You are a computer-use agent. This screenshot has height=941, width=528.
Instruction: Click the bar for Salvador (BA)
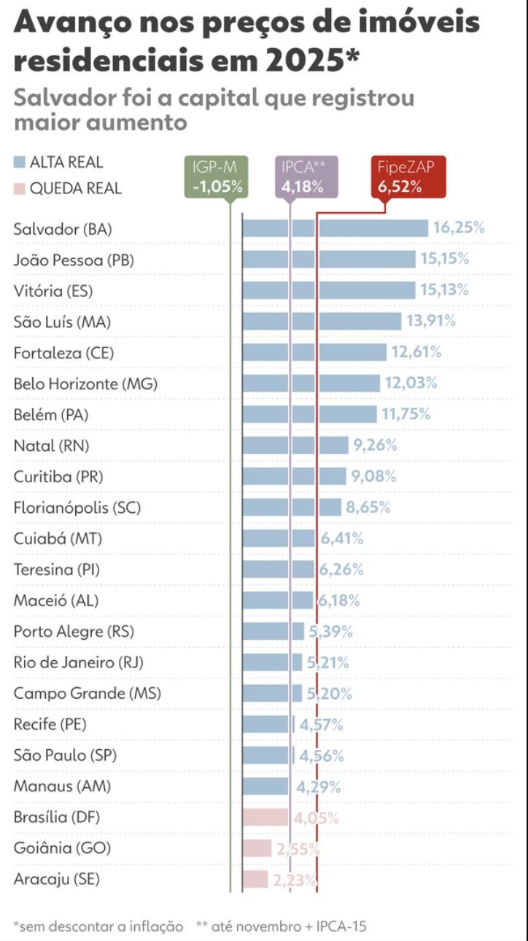(335, 228)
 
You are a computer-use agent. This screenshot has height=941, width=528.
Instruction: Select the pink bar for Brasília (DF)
(265, 817)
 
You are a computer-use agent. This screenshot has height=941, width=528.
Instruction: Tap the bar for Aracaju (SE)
(255, 879)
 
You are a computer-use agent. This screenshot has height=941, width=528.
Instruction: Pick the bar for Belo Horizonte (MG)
(311, 383)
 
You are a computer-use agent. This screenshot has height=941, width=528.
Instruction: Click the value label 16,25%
(459, 228)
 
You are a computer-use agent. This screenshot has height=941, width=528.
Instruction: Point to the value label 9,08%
(374, 476)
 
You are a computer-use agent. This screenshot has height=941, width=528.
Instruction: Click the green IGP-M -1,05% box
(217, 177)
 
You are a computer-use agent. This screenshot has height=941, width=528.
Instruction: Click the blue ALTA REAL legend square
(20, 162)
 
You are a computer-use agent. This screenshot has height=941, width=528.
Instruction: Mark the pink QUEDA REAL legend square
(20, 189)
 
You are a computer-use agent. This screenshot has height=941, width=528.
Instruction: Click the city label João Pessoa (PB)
(74, 260)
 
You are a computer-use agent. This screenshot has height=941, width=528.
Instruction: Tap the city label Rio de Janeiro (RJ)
(79, 662)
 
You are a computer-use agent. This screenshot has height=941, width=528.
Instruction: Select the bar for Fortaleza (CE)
(314, 352)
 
